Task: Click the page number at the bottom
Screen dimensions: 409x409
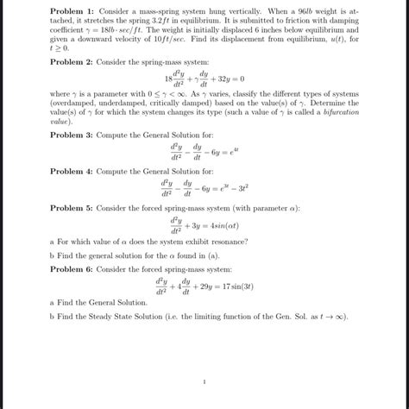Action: pos(204,381)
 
